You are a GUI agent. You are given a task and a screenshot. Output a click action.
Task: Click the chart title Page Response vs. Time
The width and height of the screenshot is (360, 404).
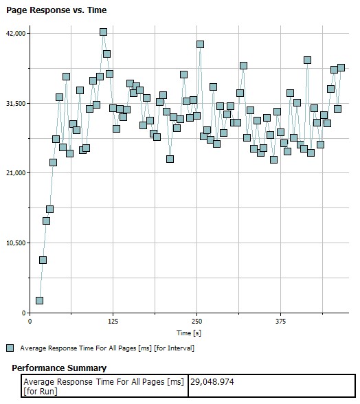[x=56, y=10]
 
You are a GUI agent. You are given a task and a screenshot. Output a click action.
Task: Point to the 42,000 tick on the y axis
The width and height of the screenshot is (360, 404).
[x=16, y=34]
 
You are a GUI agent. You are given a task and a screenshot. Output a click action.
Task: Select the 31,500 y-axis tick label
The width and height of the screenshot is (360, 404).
[x=16, y=104]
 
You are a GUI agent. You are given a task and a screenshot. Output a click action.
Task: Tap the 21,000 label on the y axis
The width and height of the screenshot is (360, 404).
[x=16, y=173]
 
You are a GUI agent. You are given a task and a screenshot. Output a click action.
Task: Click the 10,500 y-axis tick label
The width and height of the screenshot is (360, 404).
[x=16, y=243]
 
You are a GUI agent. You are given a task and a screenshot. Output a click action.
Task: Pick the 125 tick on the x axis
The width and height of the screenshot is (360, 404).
[x=113, y=322]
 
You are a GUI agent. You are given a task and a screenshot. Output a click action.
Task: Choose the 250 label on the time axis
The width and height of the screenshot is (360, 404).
[x=197, y=322]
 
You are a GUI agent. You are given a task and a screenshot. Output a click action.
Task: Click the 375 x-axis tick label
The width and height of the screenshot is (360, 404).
[x=280, y=322]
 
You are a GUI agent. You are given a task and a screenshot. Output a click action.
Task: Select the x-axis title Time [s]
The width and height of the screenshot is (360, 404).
[x=189, y=333]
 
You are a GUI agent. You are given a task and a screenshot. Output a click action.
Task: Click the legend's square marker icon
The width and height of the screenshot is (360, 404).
[x=10, y=348]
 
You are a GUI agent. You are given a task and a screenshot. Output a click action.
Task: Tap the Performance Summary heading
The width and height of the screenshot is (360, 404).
[x=59, y=368]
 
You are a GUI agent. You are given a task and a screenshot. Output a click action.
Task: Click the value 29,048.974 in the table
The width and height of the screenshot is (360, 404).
[x=212, y=381]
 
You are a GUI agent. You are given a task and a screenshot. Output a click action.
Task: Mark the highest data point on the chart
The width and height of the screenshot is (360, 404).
[x=103, y=32]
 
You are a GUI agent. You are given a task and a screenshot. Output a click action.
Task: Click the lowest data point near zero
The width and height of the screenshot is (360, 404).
[x=39, y=301]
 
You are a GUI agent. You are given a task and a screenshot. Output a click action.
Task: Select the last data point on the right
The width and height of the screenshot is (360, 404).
[x=341, y=68]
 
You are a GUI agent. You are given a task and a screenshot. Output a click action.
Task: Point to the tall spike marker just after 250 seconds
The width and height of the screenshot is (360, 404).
[x=200, y=44]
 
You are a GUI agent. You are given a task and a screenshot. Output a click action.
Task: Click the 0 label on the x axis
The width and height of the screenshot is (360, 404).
[x=30, y=322]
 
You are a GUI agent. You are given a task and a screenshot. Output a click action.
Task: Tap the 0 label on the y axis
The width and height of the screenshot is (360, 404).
[x=24, y=313]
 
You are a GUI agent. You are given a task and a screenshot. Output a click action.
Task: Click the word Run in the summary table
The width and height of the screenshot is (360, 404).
[x=48, y=392]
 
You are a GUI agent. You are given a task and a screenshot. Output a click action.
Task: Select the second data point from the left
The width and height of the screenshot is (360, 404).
[x=43, y=260]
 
